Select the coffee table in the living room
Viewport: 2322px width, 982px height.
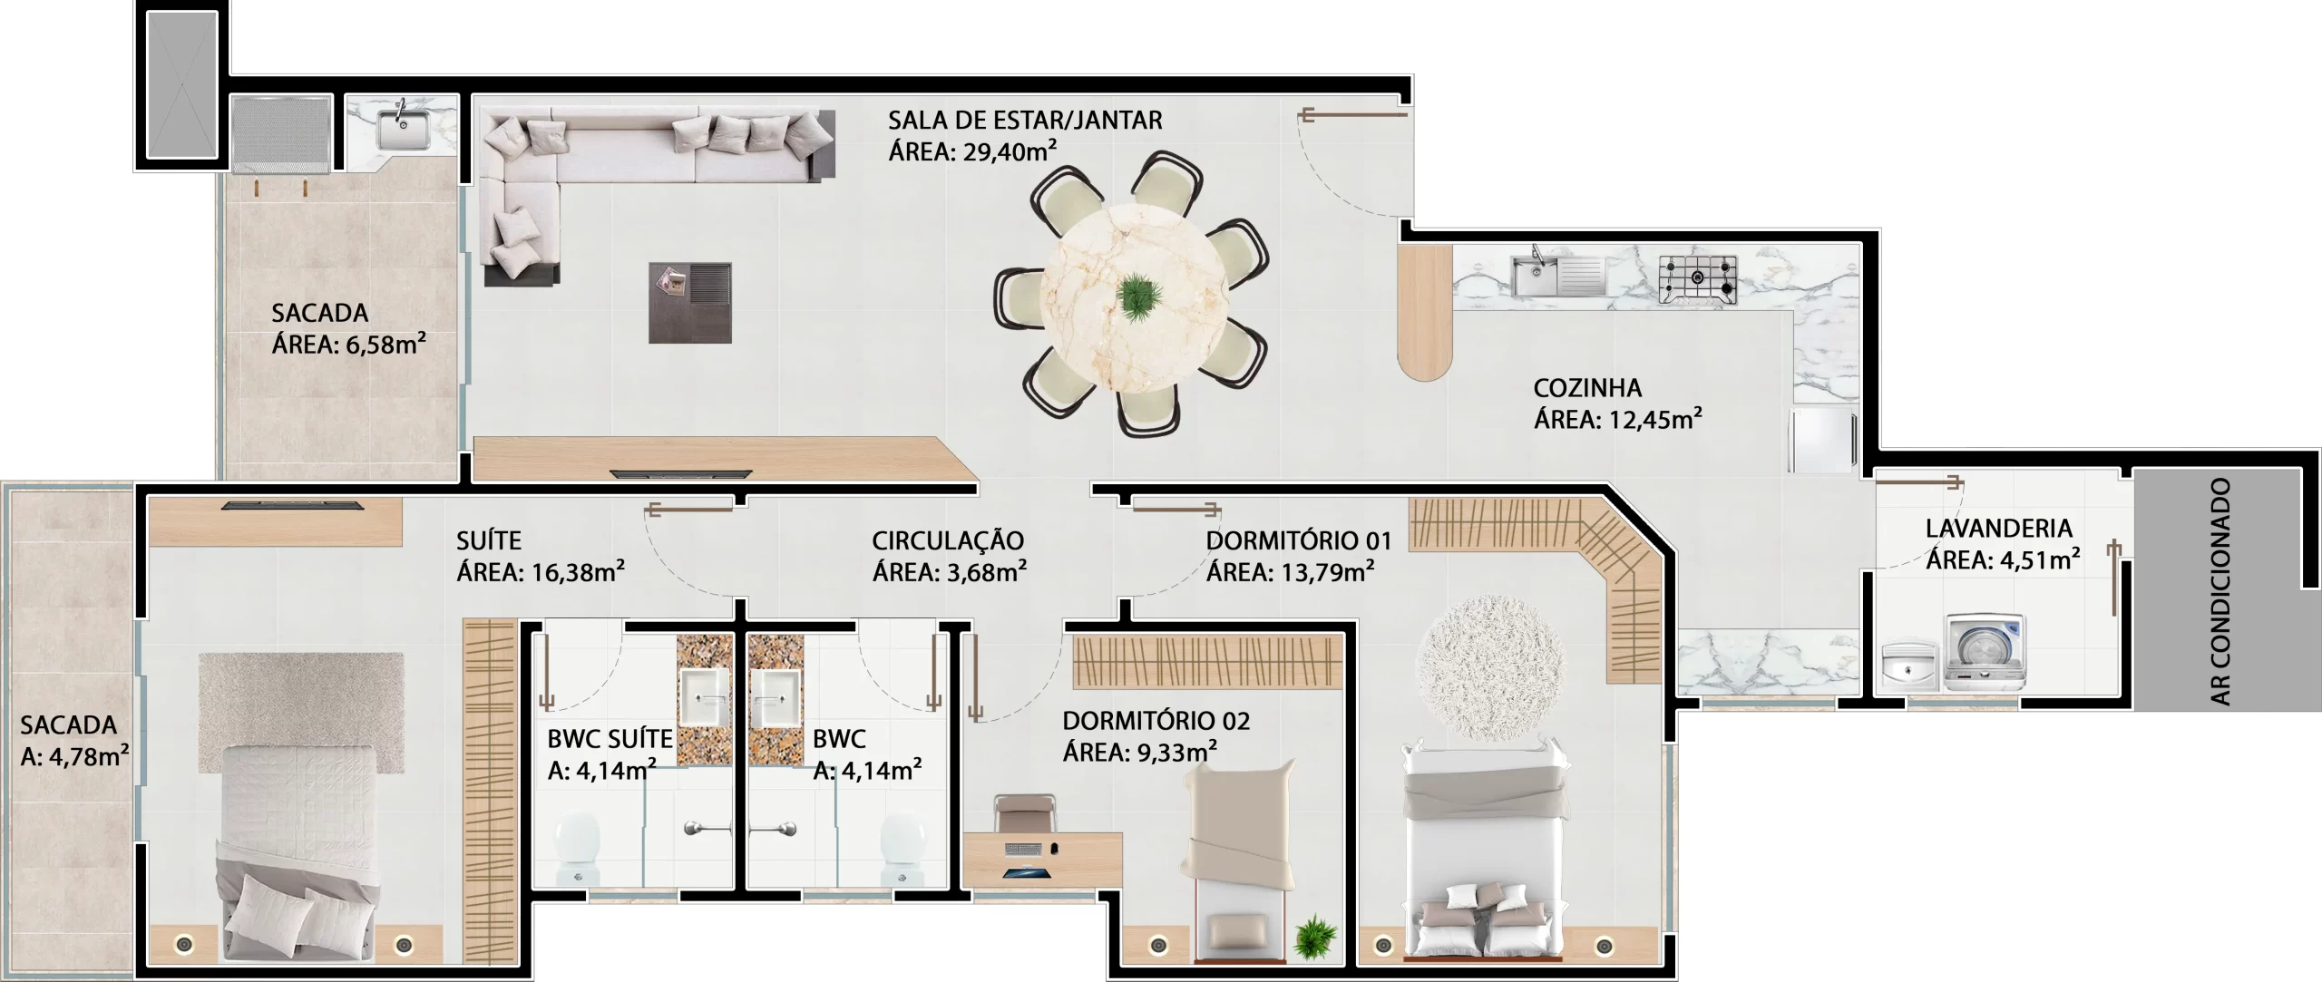690,303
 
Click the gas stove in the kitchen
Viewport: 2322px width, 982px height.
1699,279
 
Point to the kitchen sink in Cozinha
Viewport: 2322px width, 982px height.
1558,276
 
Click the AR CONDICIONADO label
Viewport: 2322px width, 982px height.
2220,591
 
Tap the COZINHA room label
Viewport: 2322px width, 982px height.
1587,388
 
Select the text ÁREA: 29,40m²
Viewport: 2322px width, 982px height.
972,151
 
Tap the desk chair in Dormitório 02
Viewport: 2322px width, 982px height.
1025,812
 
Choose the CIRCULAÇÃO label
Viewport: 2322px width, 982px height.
948,541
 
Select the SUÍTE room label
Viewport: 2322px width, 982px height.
489,541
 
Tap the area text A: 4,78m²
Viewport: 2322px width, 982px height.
74,756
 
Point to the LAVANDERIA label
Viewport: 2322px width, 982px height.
1999,528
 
